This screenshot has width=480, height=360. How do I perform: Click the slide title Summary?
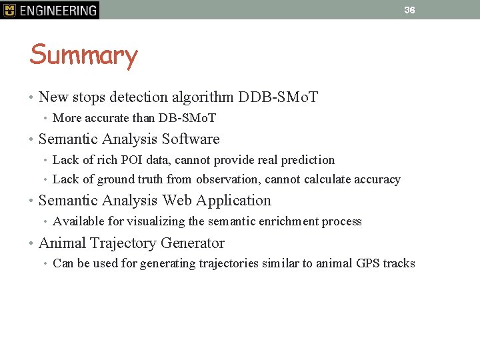[x=83, y=55]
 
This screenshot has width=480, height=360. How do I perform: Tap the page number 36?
[x=409, y=10]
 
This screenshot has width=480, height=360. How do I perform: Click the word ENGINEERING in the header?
[x=58, y=10]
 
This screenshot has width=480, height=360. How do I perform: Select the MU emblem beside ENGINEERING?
[x=9, y=10]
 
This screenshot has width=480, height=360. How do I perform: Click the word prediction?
[x=308, y=160]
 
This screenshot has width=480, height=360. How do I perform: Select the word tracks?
[x=399, y=263]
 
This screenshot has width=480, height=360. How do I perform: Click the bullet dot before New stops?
[x=32, y=98]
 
